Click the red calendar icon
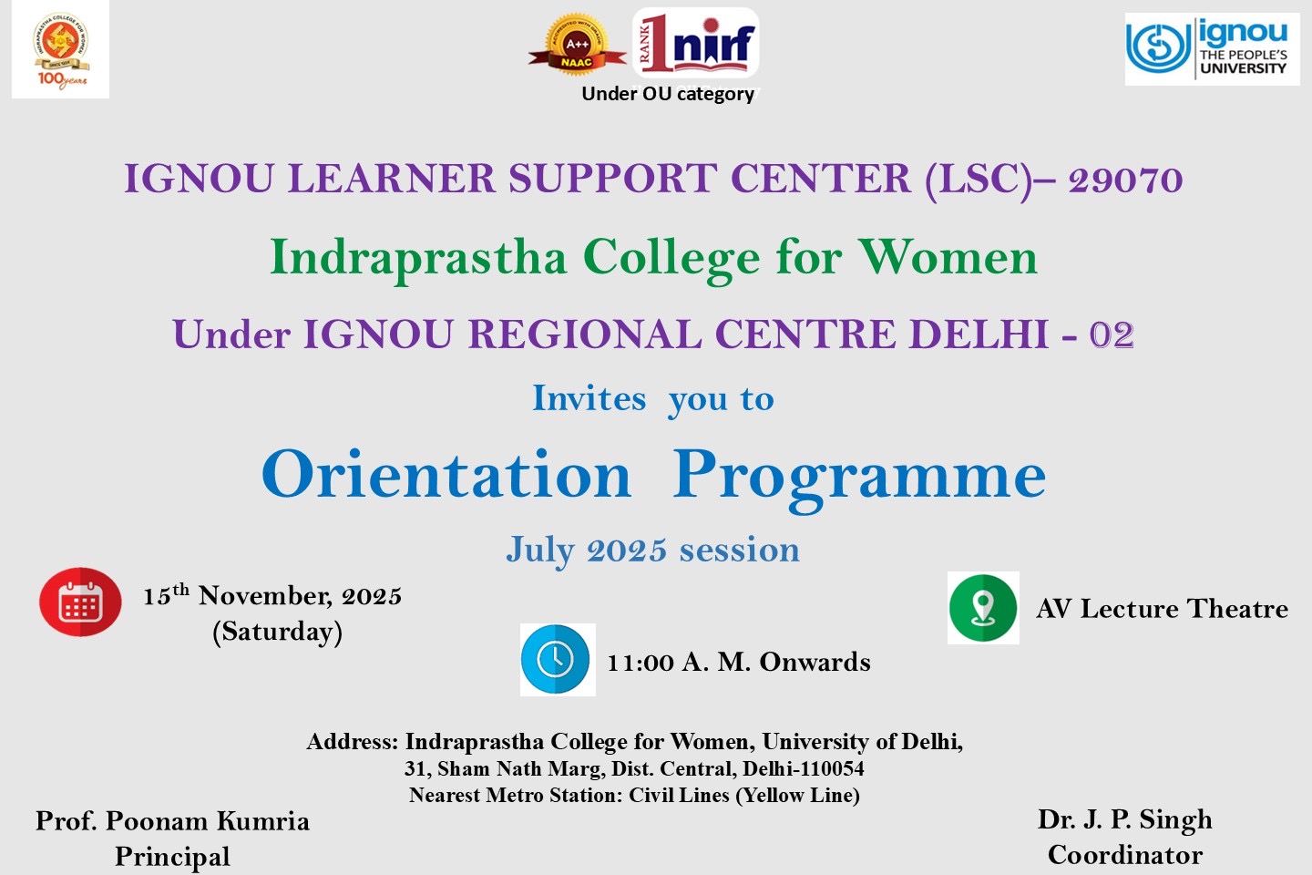tap(80, 602)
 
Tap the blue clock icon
tap(558, 660)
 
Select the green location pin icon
tap(983, 608)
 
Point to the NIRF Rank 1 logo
tap(696, 43)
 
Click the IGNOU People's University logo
tap(1212, 49)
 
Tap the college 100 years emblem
tap(60, 49)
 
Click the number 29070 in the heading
tap(1125, 180)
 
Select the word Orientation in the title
tap(446, 474)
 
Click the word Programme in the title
tap(859, 480)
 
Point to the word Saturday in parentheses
tap(278, 632)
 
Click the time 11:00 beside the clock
tap(641, 663)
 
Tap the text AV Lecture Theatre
tap(1162, 608)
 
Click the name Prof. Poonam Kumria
tap(172, 821)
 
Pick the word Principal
tap(172, 857)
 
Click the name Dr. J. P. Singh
tap(1124, 820)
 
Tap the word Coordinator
tap(1125, 855)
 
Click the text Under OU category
tap(668, 94)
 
